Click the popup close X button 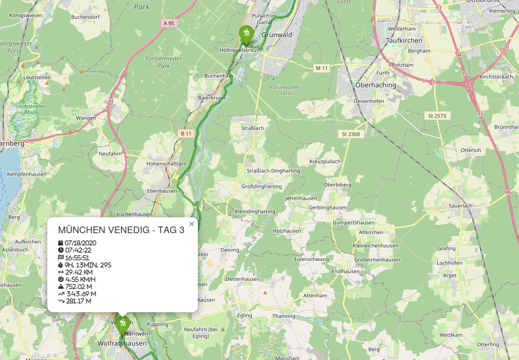click(192, 224)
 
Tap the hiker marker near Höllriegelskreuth click(247, 35)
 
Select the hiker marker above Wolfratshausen click(122, 324)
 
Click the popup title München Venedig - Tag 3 click(121, 230)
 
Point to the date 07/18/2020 click(81, 243)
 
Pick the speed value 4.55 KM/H click(81, 279)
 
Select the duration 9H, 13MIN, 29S click(88, 265)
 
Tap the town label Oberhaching click(376, 85)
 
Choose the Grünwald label click(276, 35)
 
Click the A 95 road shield click(168, 23)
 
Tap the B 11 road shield click(186, 134)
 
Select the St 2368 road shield click(350, 135)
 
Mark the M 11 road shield click(322, 68)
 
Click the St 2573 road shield click(437, 116)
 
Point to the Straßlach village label click(253, 128)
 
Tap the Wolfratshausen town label click(122, 343)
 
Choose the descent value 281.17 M click(79, 301)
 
